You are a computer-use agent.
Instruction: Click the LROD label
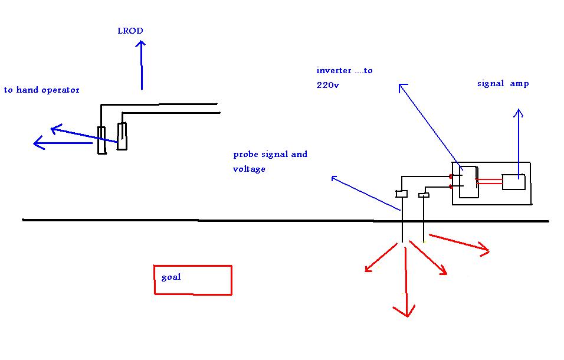click(x=130, y=31)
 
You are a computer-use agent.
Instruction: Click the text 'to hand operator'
click(x=42, y=90)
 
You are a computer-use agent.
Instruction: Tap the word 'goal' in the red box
click(x=171, y=277)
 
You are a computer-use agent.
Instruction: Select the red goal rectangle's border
click(x=193, y=266)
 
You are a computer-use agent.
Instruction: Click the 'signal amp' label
click(x=503, y=84)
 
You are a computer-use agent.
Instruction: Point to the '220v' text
click(x=327, y=85)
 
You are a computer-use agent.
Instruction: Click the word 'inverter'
click(x=334, y=70)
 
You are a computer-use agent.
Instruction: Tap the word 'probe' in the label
click(x=245, y=155)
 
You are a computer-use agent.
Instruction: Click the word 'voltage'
click(x=249, y=169)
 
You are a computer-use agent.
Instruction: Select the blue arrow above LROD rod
click(x=141, y=65)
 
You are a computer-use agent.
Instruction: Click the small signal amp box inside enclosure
click(x=513, y=182)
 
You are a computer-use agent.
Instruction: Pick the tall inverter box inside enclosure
click(x=468, y=182)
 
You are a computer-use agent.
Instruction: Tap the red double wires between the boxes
click(x=489, y=182)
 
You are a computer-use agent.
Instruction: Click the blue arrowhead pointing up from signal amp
click(x=519, y=113)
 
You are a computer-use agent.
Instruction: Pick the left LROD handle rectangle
click(x=102, y=140)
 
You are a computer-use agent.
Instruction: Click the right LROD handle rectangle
click(x=122, y=136)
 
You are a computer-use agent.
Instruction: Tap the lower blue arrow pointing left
click(x=63, y=143)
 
